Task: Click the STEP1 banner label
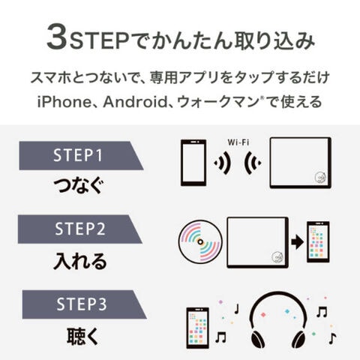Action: pyautogui.click(x=78, y=155)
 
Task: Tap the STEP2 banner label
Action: pyautogui.click(x=80, y=229)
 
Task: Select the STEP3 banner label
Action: pyautogui.click(x=82, y=304)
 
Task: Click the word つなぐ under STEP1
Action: pyautogui.click(x=79, y=185)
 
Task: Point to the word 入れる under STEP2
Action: pyautogui.click(x=80, y=261)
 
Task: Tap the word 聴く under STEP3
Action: pyautogui.click(x=82, y=336)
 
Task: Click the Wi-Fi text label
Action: pyautogui.click(x=238, y=142)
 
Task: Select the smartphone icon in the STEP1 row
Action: pyautogui.click(x=193, y=163)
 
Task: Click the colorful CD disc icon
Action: pyautogui.click(x=200, y=241)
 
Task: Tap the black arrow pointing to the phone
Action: pyautogui.click(x=297, y=242)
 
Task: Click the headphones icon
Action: pyautogui.click(x=278, y=320)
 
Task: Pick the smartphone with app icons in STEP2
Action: pyautogui.click(x=318, y=242)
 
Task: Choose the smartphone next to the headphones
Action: pyautogui.click(x=197, y=328)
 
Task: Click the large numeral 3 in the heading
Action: pyautogui.click(x=57, y=37)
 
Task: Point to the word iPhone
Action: pyautogui.click(x=64, y=102)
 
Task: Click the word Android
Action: pyautogui.click(x=135, y=102)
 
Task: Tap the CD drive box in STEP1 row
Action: pyautogui.click(x=301, y=163)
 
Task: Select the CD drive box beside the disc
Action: pyautogui.click(x=258, y=242)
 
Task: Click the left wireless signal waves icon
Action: pyautogui.click(x=222, y=163)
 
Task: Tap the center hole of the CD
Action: pyautogui.click(x=200, y=241)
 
